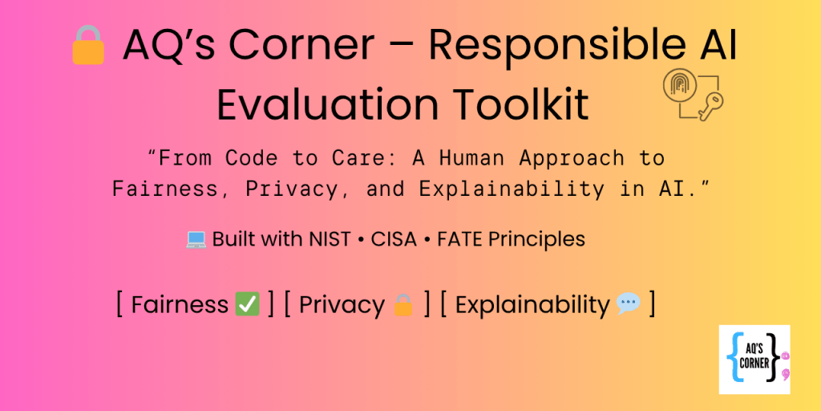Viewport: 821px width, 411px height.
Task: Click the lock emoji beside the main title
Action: coord(88,45)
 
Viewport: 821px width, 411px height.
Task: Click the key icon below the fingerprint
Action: coord(710,108)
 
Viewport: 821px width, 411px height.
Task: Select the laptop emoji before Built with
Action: coord(196,239)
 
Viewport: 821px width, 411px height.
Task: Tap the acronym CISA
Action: coord(394,239)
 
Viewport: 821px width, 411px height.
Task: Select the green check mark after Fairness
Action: coord(247,305)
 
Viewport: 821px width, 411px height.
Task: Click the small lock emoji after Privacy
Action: coord(403,305)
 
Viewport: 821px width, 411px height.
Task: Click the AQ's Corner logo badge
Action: coord(754,359)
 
